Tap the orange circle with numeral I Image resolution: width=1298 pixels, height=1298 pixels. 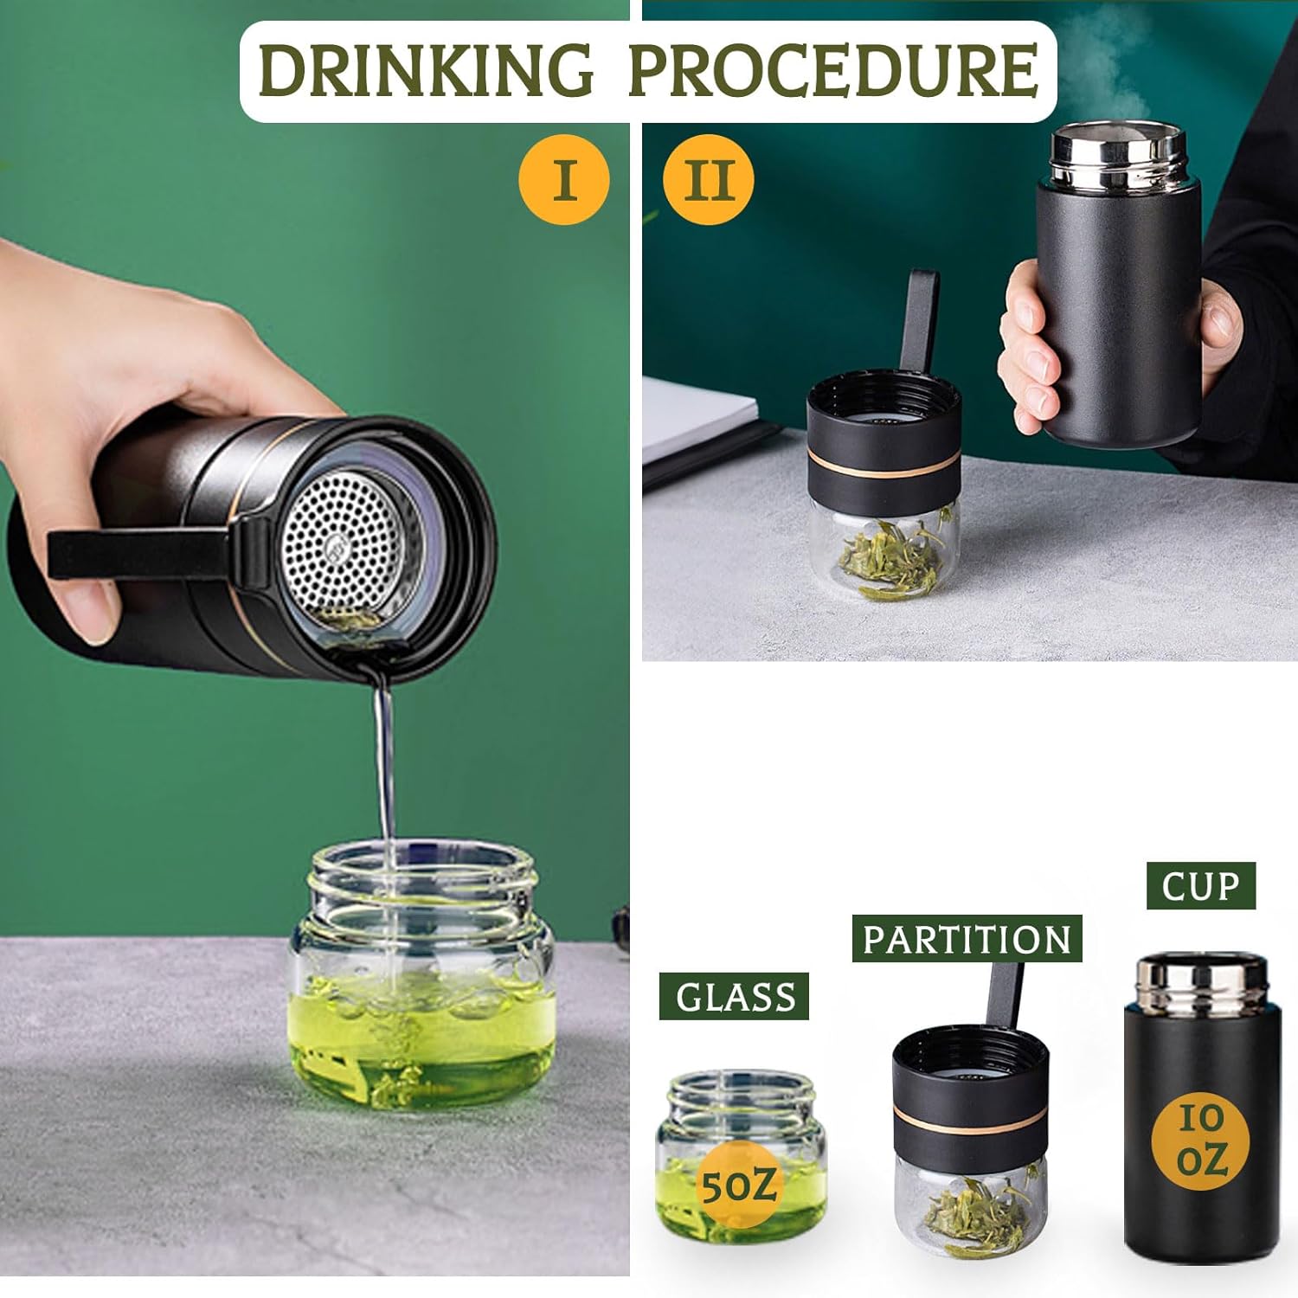coord(564,180)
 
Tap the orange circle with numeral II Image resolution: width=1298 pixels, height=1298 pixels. coord(709,180)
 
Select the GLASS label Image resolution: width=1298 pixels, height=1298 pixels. coord(734,997)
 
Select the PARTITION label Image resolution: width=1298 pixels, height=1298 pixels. coord(967,939)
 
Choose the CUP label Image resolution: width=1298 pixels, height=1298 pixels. coord(1200,886)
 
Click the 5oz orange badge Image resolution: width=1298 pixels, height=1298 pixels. coord(737,1185)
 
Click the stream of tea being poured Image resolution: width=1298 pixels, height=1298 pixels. coord(384,761)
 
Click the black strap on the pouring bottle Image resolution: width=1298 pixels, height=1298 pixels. coord(138,554)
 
